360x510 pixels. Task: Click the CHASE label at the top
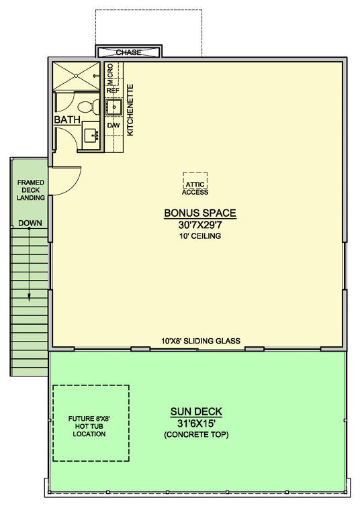[x=128, y=52]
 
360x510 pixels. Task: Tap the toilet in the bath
[x=85, y=106]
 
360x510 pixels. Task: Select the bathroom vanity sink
[x=91, y=134]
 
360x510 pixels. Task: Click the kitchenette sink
[x=112, y=107]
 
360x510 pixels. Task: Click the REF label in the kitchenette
[x=112, y=89]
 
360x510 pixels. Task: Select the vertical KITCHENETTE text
[x=131, y=110]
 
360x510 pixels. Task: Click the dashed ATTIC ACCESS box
[x=195, y=183]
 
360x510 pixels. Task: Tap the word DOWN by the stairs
[x=30, y=223]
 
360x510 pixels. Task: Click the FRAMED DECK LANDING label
[x=30, y=190]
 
